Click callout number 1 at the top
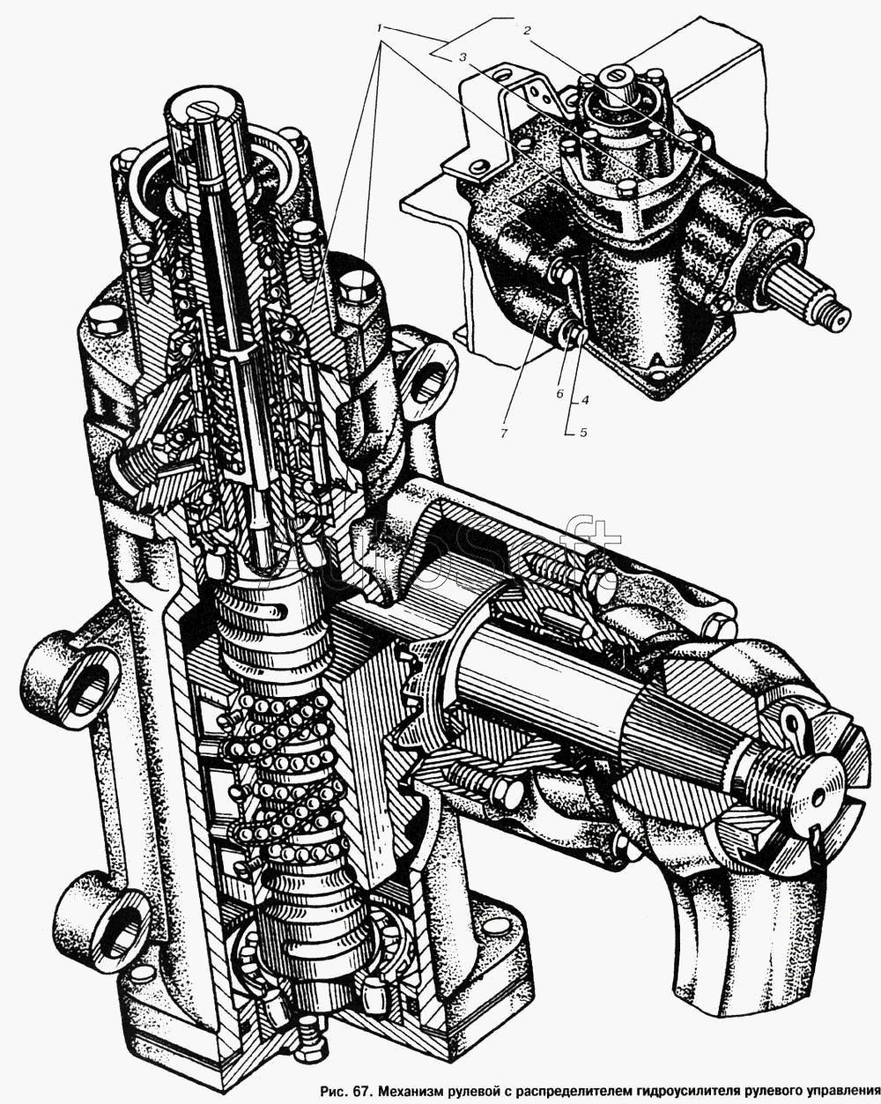click(x=381, y=27)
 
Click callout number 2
click(x=527, y=30)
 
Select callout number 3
click(x=463, y=58)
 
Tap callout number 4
click(x=583, y=400)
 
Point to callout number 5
click(x=583, y=432)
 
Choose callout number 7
click(x=503, y=433)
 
